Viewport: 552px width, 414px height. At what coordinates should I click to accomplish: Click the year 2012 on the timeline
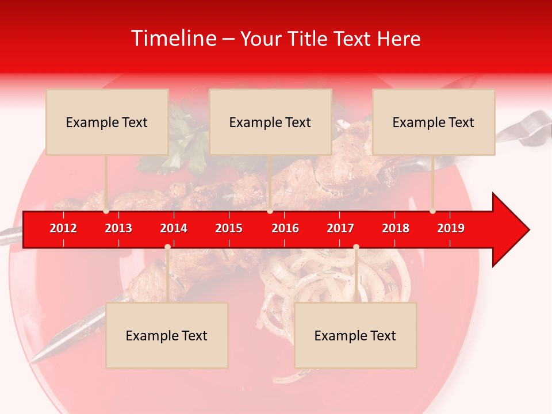click(63, 228)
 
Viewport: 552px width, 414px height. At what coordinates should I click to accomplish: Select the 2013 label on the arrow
click(118, 228)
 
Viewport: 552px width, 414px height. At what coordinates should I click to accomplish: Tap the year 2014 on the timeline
click(174, 228)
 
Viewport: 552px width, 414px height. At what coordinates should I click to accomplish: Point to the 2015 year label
click(229, 228)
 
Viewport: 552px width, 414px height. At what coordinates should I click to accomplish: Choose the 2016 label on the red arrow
click(285, 228)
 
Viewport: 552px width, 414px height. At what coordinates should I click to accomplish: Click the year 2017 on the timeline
click(340, 228)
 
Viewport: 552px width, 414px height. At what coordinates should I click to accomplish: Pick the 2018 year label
click(396, 228)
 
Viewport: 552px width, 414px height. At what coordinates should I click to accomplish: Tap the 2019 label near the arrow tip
click(451, 228)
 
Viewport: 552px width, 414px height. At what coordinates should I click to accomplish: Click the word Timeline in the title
click(173, 39)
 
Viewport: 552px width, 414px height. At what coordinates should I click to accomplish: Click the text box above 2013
click(107, 122)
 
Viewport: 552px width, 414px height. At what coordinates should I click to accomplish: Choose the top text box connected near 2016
click(270, 122)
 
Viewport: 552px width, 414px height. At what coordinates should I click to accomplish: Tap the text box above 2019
click(434, 122)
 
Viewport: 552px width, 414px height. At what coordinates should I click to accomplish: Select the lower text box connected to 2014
click(167, 335)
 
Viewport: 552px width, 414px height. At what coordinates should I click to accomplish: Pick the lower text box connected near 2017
click(355, 335)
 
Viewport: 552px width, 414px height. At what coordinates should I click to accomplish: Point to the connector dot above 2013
click(106, 211)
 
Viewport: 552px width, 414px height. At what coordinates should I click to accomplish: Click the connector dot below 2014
click(167, 247)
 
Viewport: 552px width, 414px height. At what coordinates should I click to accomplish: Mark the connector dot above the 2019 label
click(433, 211)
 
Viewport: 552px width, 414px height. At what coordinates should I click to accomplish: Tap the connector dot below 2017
click(356, 247)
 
